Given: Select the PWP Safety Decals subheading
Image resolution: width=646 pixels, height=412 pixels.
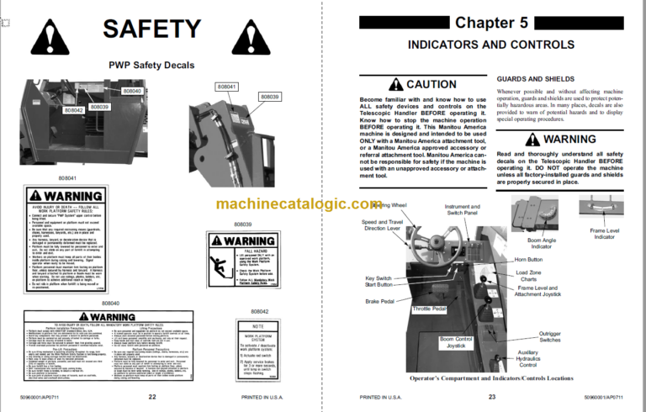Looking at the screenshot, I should [x=151, y=65].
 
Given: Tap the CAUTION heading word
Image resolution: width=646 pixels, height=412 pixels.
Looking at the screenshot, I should [x=431, y=85].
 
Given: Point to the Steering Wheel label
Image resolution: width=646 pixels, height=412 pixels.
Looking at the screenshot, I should [x=389, y=205].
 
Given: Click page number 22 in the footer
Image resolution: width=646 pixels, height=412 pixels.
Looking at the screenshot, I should [x=151, y=397].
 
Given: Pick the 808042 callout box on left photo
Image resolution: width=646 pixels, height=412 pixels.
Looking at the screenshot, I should [x=73, y=109].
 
